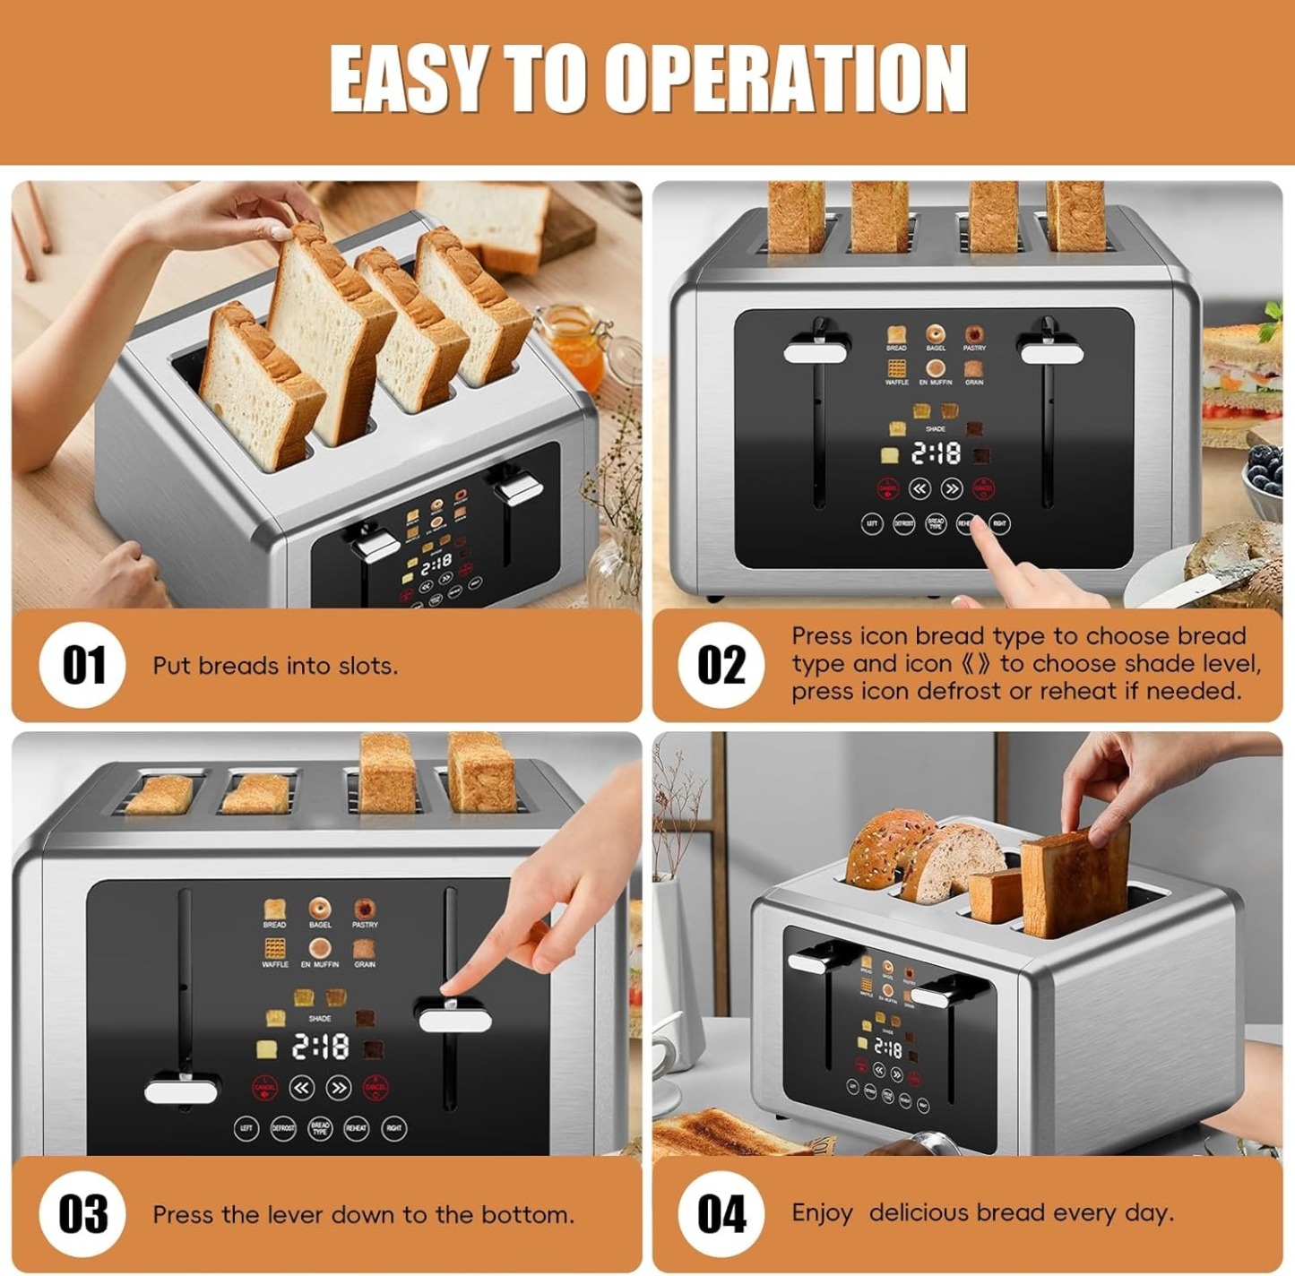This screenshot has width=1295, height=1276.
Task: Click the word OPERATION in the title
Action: (x=785, y=79)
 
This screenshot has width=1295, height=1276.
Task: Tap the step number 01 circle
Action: (x=82, y=665)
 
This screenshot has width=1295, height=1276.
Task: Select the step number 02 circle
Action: (x=721, y=665)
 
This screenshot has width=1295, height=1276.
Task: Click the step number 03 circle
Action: (x=82, y=1214)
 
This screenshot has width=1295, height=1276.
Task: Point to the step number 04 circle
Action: (x=721, y=1214)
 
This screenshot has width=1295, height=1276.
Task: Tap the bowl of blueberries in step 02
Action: (x=1265, y=479)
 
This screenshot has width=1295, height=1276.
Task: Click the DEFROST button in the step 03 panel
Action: (x=283, y=1128)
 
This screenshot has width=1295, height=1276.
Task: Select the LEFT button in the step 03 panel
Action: (x=246, y=1128)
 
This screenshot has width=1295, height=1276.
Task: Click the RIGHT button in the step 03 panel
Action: (x=394, y=1128)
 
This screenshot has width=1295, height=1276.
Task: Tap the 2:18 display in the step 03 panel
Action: (x=320, y=1047)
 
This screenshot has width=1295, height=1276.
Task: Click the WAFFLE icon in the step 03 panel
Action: (x=274, y=949)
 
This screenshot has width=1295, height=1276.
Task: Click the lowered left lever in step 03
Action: (x=181, y=1091)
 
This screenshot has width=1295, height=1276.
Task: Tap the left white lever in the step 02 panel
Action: (x=815, y=352)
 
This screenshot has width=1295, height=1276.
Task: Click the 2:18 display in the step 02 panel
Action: (x=935, y=454)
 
